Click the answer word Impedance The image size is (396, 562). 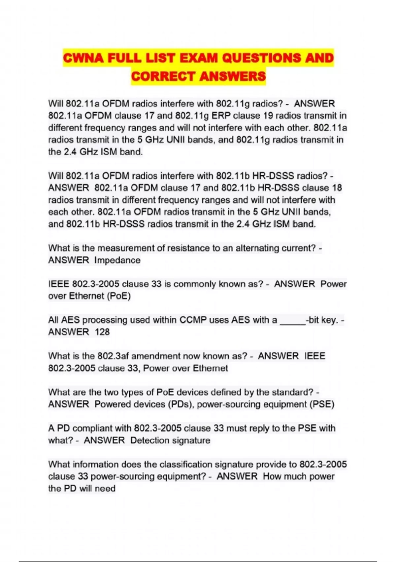click(x=117, y=260)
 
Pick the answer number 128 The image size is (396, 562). click(x=102, y=332)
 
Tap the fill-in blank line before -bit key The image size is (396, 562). click(x=293, y=321)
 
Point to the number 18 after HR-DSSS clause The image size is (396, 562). click(x=337, y=188)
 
